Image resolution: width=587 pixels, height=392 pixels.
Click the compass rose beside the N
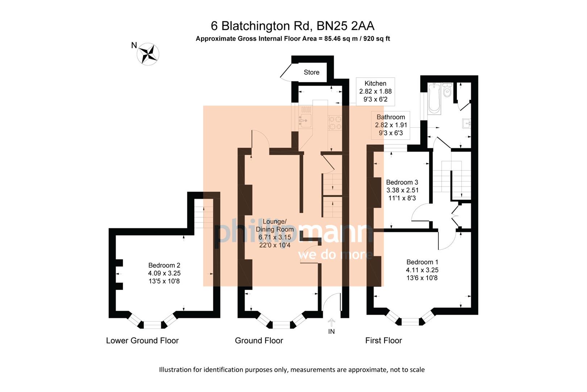coord(148,54)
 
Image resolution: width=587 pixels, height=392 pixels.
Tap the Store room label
coord(311,72)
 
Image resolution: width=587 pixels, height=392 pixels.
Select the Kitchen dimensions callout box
coord(375,91)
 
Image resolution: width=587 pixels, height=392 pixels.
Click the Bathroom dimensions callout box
coord(391,125)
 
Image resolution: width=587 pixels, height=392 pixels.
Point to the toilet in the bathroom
coord(447,90)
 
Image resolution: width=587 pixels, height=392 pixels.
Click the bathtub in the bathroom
coord(433,98)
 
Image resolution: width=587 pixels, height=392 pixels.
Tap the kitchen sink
coord(305,120)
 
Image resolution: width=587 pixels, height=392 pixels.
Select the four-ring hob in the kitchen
coord(334,122)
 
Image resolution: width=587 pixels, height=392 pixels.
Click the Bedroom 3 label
coord(402,182)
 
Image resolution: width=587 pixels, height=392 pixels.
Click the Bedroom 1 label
coord(422,262)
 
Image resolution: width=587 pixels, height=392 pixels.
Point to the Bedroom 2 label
coord(164,265)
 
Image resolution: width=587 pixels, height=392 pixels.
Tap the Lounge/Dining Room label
coord(274,225)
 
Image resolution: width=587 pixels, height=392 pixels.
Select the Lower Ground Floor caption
coord(142,340)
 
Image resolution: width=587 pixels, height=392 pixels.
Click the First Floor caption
coord(383,340)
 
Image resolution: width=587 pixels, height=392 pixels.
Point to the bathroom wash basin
coord(466,124)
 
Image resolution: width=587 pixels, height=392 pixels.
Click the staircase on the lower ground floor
coord(204,214)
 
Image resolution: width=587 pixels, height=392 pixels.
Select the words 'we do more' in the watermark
coord(335,254)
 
